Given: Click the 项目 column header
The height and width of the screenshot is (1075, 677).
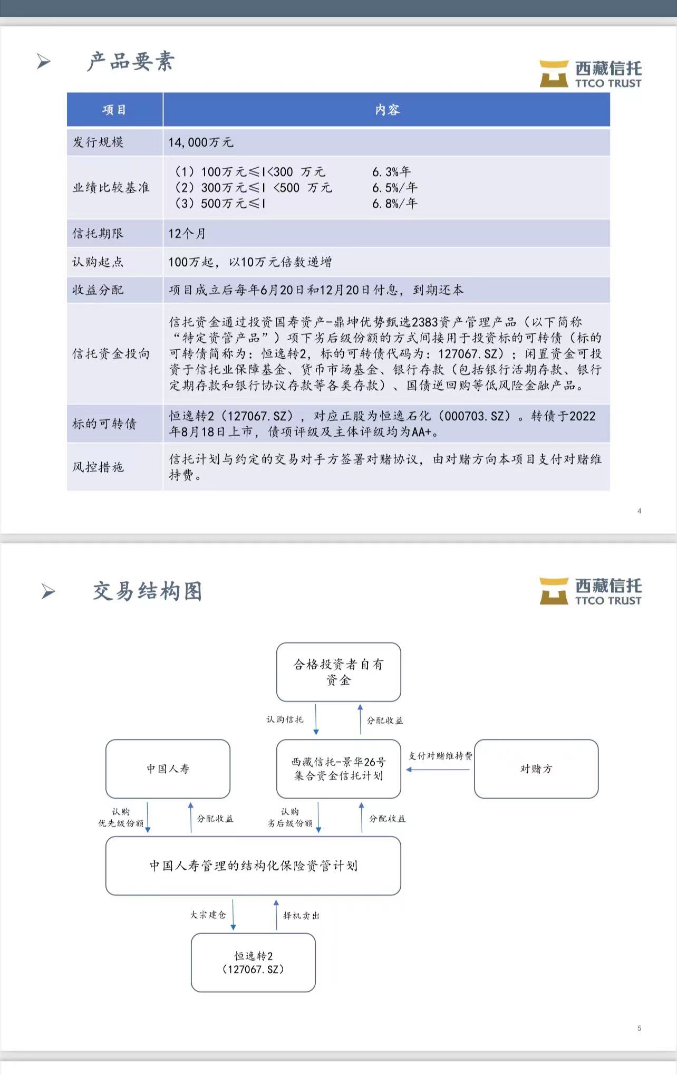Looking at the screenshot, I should tap(114, 110).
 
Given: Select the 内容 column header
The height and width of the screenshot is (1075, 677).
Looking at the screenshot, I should tap(387, 110).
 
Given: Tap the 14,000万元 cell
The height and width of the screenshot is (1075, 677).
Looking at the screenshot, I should tap(201, 142).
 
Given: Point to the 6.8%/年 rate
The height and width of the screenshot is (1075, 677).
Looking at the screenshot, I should tap(394, 204).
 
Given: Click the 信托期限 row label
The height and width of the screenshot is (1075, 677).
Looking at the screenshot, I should tap(98, 233).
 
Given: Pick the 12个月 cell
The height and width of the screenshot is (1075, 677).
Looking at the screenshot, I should tap(187, 234).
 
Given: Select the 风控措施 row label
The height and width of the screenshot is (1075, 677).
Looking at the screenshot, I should tap(98, 467).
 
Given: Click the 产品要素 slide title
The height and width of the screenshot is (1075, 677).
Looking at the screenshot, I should tap(131, 62).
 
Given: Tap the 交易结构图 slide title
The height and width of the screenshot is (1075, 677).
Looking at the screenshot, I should tap(148, 591).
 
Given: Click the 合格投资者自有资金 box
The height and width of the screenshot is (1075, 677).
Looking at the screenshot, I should tap(338, 672).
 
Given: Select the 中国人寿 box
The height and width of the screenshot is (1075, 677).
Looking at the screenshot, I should tap(168, 769).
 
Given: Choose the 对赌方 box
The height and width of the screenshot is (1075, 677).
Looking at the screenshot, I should tap(536, 769).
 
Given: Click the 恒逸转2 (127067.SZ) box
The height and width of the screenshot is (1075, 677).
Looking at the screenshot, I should tap(253, 963).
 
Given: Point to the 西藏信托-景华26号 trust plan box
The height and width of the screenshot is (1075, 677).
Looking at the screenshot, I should tap(338, 769).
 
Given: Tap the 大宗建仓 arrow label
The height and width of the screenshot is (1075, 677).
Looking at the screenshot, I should tap(208, 915).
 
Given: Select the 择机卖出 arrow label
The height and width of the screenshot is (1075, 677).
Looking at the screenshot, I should tap(301, 916).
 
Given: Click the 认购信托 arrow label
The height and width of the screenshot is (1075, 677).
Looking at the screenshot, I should tap(285, 719).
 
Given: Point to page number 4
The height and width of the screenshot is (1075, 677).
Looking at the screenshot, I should tap(639, 511).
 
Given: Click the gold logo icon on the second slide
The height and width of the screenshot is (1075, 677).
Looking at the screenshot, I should tap(554, 591).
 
